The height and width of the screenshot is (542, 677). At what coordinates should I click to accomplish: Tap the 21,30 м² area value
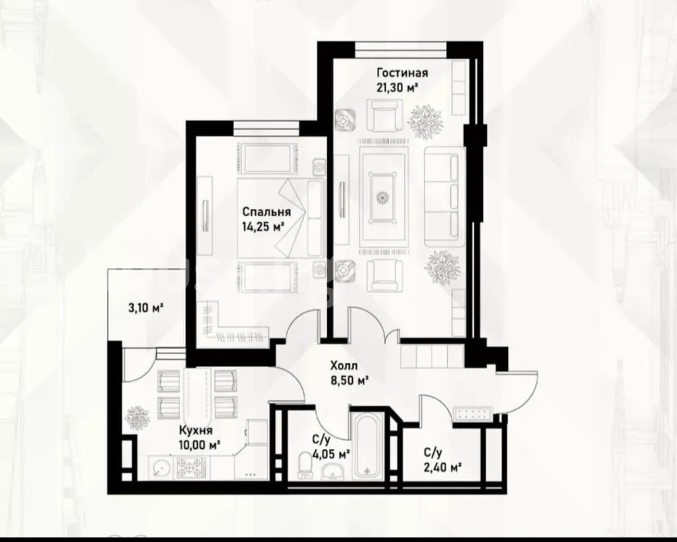[397, 87]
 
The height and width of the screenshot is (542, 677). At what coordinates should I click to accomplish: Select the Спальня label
[266, 212]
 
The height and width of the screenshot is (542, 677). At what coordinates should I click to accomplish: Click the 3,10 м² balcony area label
[145, 308]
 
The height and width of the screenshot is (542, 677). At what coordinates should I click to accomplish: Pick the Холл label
[344, 366]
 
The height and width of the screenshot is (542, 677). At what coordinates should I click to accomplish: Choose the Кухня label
[196, 430]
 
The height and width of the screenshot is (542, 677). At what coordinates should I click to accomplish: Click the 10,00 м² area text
[200, 445]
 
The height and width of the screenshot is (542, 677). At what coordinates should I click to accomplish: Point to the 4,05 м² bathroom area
[331, 454]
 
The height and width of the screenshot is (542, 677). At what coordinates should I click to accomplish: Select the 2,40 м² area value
[442, 467]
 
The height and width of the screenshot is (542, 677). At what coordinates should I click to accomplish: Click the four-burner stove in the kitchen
[190, 468]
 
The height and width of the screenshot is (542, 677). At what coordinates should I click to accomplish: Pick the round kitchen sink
[161, 468]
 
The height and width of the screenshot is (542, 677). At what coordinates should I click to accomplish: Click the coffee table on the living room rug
[382, 197]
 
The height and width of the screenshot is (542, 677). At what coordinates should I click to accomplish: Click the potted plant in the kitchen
[138, 418]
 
